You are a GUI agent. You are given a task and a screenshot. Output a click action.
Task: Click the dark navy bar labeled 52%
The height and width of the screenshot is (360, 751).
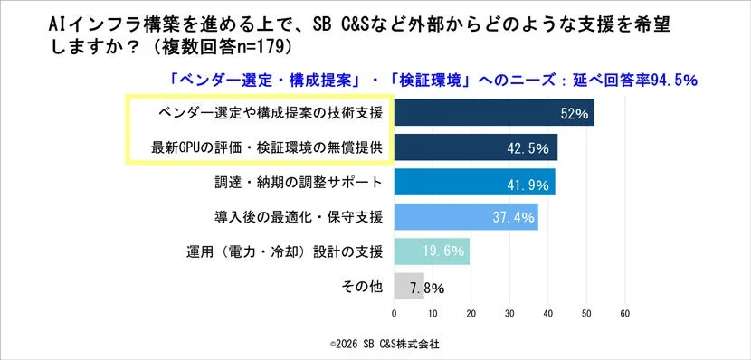pyautogui.click(x=493, y=113)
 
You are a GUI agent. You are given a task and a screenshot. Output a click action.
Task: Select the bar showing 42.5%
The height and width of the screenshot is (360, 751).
pyautogui.click(x=475, y=147)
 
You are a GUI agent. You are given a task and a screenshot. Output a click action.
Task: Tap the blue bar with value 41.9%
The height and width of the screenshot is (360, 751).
pyautogui.click(x=474, y=182)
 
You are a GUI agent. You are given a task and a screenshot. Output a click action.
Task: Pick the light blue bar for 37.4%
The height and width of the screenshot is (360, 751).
pyautogui.click(x=465, y=216)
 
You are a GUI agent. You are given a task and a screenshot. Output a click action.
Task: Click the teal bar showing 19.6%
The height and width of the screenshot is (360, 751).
pyautogui.click(x=431, y=251)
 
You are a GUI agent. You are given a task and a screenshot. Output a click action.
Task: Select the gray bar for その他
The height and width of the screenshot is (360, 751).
pyautogui.click(x=408, y=286)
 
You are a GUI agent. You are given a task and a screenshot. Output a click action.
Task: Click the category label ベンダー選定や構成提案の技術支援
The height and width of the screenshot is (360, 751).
pyautogui.click(x=257, y=113)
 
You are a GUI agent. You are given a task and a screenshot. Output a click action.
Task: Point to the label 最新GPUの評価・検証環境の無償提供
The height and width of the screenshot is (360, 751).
pyautogui.click(x=257, y=147)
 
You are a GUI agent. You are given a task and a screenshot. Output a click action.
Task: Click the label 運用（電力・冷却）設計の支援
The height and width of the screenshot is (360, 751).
pyautogui.click(x=282, y=251)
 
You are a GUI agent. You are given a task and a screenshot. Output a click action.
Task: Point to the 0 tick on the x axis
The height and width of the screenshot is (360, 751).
pyautogui.click(x=394, y=313)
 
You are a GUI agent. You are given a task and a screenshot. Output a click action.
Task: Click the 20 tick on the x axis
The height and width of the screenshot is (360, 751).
pyautogui.click(x=470, y=313)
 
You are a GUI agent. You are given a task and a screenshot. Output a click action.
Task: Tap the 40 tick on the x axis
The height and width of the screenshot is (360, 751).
pyautogui.click(x=547, y=313)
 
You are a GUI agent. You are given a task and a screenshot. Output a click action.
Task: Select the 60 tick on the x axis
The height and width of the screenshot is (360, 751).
pyautogui.click(x=624, y=313)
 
